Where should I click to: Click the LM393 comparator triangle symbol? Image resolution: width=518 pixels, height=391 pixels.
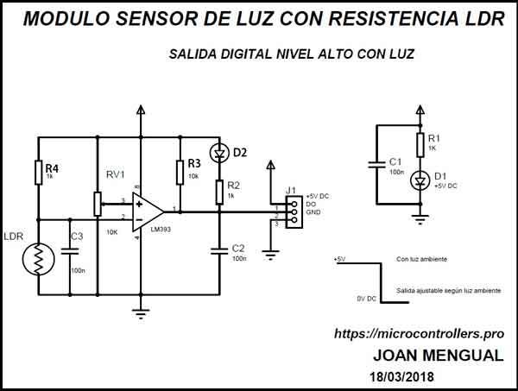point(148,211)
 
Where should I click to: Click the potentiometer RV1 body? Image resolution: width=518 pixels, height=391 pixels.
point(97,204)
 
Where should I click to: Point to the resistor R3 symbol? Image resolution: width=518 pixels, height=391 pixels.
point(180,171)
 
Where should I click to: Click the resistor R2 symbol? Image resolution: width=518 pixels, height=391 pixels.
point(220,192)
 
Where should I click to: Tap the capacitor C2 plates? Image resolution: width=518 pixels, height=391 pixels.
point(220,250)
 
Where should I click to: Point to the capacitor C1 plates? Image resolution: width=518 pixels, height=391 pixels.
point(377,164)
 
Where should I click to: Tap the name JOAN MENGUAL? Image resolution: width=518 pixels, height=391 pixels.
point(437,356)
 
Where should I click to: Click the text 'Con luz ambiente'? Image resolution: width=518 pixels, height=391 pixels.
point(423,258)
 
